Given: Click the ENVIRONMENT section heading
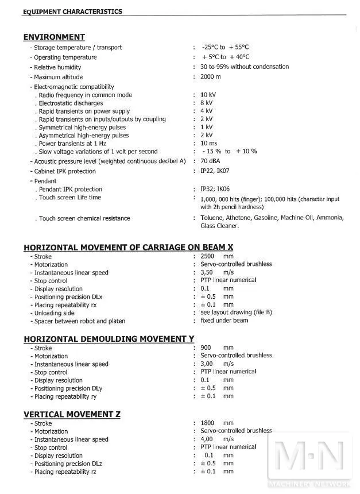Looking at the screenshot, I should pyautogui.click(x=54, y=37).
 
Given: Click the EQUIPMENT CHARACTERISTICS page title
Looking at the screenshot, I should pyautogui.click(x=72, y=11).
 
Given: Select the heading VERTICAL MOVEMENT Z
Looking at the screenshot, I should pyautogui.click(x=72, y=414).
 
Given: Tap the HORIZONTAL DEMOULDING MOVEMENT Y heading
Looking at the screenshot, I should pyautogui.click(x=109, y=338).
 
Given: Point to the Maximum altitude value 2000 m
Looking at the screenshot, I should pyautogui.click(x=211, y=77).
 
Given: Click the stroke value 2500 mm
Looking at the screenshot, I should pyautogui.click(x=217, y=256).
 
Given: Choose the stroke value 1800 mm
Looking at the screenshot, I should pyautogui.click(x=217, y=423).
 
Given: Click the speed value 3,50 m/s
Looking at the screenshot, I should pyautogui.click(x=217, y=272).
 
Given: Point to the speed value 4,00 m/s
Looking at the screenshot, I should pyautogui.click(x=217, y=439).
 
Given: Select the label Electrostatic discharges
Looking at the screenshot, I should pyautogui.click(x=71, y=103).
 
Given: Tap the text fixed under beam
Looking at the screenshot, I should pyautogui.click(x=224, y=321).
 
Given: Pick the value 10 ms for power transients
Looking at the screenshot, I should pyautogui.click(x=208, y=144).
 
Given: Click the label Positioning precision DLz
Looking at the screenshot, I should pyautogui.click(x=68, y=464).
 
